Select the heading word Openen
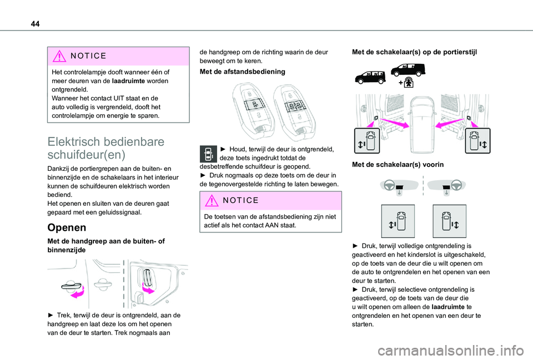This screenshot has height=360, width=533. pos(67,227)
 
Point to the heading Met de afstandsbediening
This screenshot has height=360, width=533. pos(243,72)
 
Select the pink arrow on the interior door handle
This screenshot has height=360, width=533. pos(148,288)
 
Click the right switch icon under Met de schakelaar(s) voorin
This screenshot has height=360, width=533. pos(449,221)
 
